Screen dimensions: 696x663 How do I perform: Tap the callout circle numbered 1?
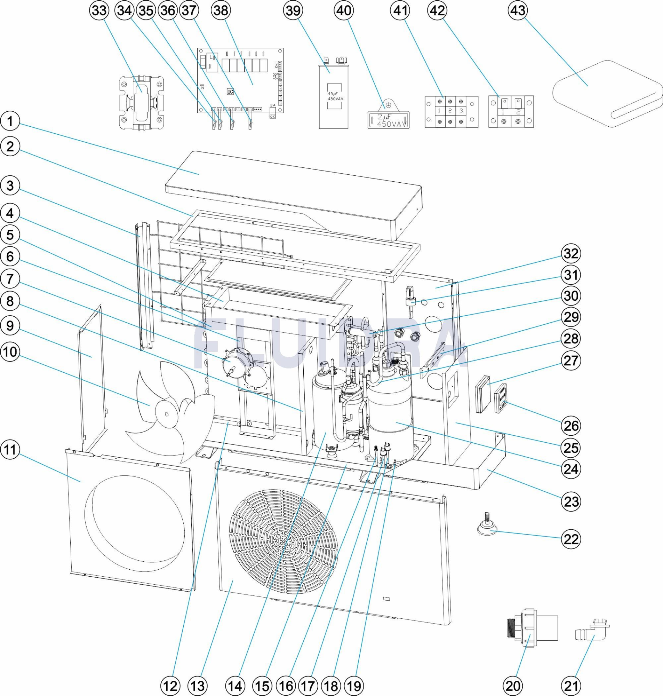[10, 121]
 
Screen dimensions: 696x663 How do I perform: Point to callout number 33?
[99, 10]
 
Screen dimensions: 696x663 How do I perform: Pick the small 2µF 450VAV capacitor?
[389, 120]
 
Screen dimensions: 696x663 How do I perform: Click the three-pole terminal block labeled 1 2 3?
[451, 111]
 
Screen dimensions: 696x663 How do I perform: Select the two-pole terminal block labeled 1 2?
[511, 111]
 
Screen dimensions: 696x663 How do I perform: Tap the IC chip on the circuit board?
[230, 92]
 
